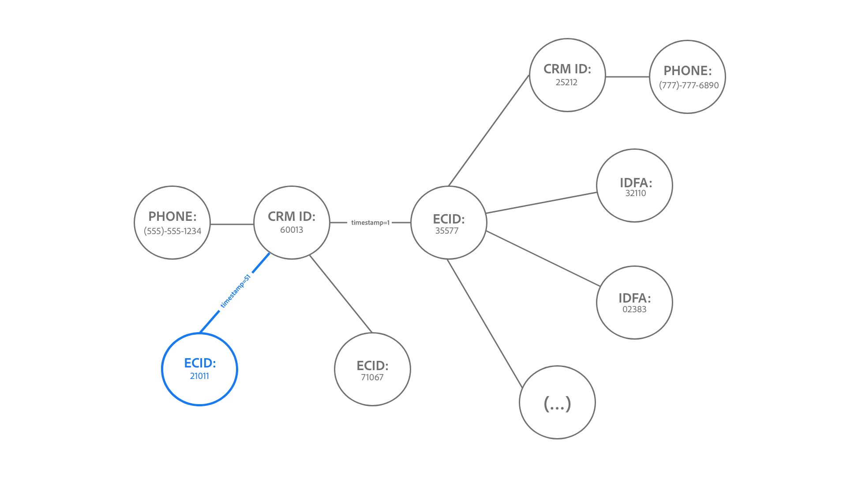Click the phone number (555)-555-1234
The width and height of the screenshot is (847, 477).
pos(172,231)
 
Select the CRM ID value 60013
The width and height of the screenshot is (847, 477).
pos(292,230)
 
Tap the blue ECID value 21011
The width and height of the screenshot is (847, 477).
pos(199,376)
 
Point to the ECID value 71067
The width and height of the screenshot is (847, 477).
pos(372,377)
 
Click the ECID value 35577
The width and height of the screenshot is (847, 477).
pos(447,231)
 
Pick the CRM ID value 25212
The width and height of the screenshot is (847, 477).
pos(566,82)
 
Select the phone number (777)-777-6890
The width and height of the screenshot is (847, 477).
pos(689,85)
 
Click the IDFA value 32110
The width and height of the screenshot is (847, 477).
pos(635,193)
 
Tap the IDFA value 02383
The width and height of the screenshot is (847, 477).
pos(634,309)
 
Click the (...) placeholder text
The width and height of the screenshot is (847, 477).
pos(557,403)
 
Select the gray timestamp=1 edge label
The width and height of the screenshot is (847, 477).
pos(370,223)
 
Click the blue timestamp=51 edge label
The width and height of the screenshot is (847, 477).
pos(236,291)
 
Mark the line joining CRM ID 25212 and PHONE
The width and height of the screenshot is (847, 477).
pos(627,77)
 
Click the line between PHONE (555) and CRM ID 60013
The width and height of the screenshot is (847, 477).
pos(232,224)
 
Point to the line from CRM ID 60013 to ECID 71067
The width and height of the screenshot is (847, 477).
pos(341,294)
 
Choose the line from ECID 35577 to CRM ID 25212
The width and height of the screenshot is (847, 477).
pos(489,131)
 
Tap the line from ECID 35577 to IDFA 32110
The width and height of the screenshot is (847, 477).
pos(542,203)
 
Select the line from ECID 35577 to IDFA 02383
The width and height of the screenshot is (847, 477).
pos(543,258)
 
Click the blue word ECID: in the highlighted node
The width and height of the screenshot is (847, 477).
pos(200,363)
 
